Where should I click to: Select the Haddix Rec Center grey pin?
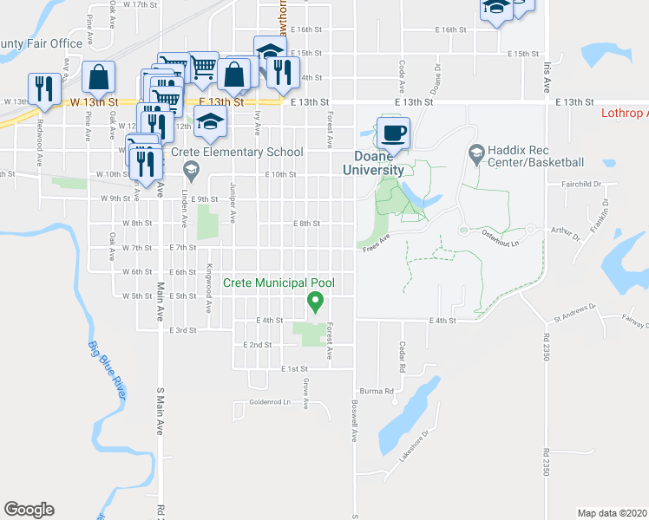click(475, 153)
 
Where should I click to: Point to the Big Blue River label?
click(108, 370)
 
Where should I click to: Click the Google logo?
click(29, 510)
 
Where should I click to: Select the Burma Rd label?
click(377, 392)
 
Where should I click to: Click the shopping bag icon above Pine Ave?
click(99, 78)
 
